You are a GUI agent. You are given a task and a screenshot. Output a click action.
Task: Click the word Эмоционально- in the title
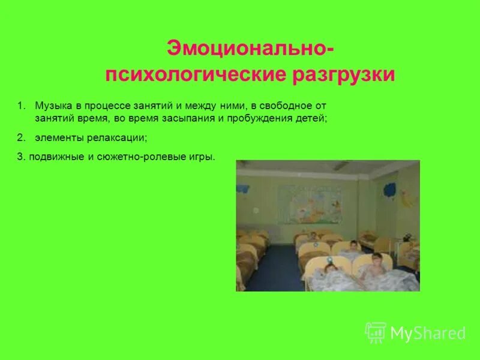(247, 49)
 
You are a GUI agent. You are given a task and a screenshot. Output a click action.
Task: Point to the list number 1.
(20, 106)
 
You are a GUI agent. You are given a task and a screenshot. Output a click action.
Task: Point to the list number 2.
(20, 137)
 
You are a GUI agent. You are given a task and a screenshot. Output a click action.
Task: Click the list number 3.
(20, 157)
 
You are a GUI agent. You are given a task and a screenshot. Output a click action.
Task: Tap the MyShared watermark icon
(376, 332)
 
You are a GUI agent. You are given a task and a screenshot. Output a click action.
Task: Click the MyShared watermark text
(428, 333)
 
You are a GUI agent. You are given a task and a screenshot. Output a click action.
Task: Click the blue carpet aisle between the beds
(276, 264)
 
